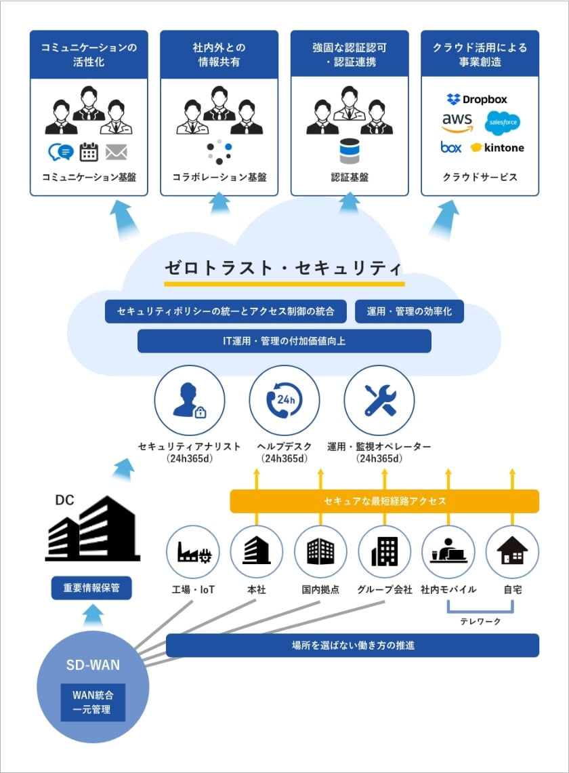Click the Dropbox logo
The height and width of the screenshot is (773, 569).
point(477,100)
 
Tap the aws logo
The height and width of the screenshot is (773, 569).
point(457,123)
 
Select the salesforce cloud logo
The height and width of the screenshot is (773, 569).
point(503,123)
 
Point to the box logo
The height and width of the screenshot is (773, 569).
point(451,147)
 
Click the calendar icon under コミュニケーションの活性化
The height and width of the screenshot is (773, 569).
point(89,152)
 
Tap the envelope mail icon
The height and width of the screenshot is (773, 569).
point(117,152)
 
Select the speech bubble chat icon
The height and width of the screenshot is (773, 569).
point(60,152)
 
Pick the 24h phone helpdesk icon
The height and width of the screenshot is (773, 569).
point(284,399)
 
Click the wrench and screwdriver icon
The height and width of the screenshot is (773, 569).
point(379,399)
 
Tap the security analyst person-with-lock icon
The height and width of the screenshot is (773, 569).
point(190,399)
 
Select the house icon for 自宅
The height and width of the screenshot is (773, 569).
point(512,551)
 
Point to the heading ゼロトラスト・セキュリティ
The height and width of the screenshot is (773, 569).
point(284,266)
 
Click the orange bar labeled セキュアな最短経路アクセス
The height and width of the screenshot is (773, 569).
point(384,501)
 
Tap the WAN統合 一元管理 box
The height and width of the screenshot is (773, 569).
point(93,702)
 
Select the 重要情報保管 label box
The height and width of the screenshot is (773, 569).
point(91,589)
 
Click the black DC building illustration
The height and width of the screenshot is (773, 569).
point(92,529)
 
